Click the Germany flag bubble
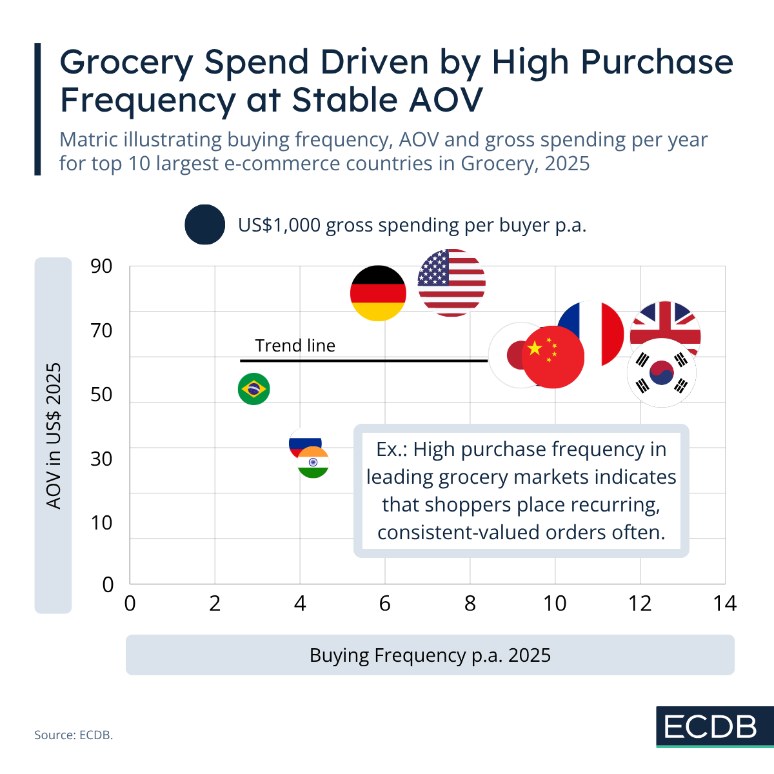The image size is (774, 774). [378, 293]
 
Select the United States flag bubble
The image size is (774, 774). [451, 283]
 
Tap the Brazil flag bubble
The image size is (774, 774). [254, 389]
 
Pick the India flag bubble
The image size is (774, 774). [313, 462]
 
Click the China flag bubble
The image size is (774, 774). [553, 357]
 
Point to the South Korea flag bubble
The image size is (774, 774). [662, 373]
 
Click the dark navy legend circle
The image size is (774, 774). [205, 224]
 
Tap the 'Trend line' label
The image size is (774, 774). [295, 346]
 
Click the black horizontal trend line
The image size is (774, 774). [364, 361]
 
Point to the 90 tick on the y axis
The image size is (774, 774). [101, 266]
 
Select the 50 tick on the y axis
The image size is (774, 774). [101, 395]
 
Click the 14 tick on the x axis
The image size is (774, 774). [725, 603]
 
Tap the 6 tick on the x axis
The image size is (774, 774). [385, 603]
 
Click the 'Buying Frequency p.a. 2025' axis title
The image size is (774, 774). [430, 655]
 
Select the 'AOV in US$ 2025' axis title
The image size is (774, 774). [54, 436]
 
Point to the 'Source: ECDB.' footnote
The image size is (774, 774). [74, 735]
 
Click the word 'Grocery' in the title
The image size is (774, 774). [126, 63]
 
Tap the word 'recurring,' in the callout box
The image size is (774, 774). [615, 504]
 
